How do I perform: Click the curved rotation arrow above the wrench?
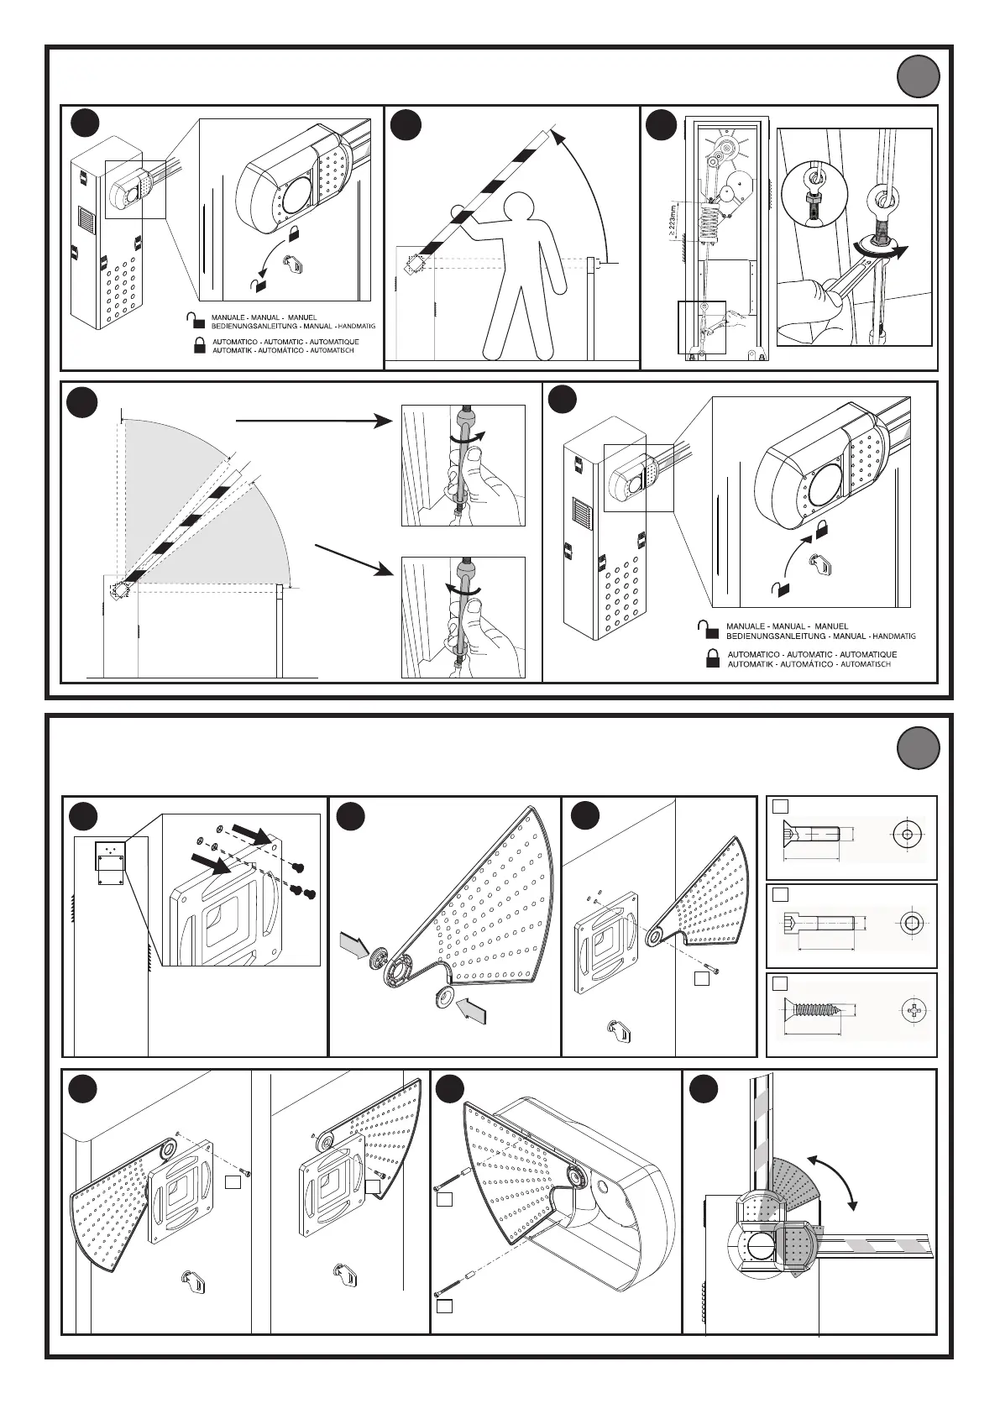click(882, 248)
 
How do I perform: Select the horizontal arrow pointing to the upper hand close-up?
click(311, 423)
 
